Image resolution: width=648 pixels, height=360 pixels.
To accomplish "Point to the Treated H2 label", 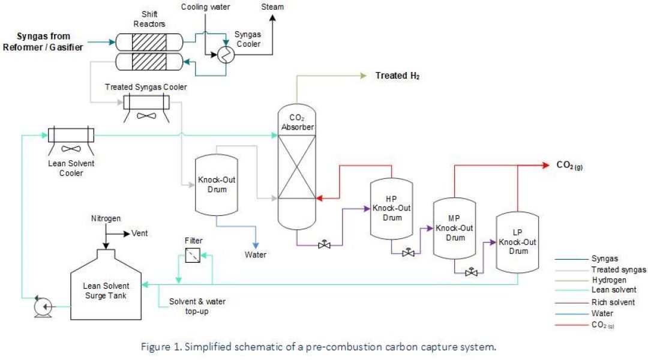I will pyautogui.click(x=397, y=76).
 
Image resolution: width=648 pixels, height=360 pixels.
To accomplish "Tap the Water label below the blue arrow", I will pyautogui.click(x=255, y=254).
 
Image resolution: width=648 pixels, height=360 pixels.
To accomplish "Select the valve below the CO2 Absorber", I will pyautogui.click(x=325, y=245).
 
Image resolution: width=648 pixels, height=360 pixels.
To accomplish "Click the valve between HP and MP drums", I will pyautogui.click(x=409, y=253).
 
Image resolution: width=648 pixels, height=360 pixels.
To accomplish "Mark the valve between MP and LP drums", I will pyautogui.click(x=472, y=272).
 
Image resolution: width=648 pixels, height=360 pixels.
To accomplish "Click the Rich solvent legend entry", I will pyautogui.click(x=613, y=302).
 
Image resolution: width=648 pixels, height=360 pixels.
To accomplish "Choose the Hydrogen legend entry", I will pyautogui.click(x=608, y=280).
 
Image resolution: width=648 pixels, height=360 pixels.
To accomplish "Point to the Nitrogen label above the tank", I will pyautogui.click(x=106, y=218).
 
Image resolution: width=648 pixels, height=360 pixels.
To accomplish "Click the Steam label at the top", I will pyautogui.click(x=272, y=7).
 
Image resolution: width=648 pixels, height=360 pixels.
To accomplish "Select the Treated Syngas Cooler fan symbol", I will pyautogui.click(x=146, y=116).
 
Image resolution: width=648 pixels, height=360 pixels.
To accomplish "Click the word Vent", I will pyautogui.click(x=141, y=234).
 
